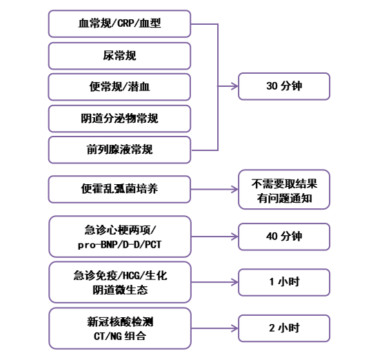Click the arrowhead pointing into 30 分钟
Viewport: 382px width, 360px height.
coord(235,86)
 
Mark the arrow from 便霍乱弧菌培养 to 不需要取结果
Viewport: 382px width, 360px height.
coord(214,189)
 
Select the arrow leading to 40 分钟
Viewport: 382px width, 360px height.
coord(214,237)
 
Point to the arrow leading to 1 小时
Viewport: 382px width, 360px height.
coord(214,282)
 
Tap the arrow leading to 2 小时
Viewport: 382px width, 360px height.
coord(214,328)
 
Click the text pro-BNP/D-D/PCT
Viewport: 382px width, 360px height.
coord(119,244)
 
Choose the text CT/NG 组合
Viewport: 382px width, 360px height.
coord(120,336)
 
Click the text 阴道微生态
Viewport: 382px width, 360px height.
coord(120,290)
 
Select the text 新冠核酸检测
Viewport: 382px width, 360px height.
coord(120,322)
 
